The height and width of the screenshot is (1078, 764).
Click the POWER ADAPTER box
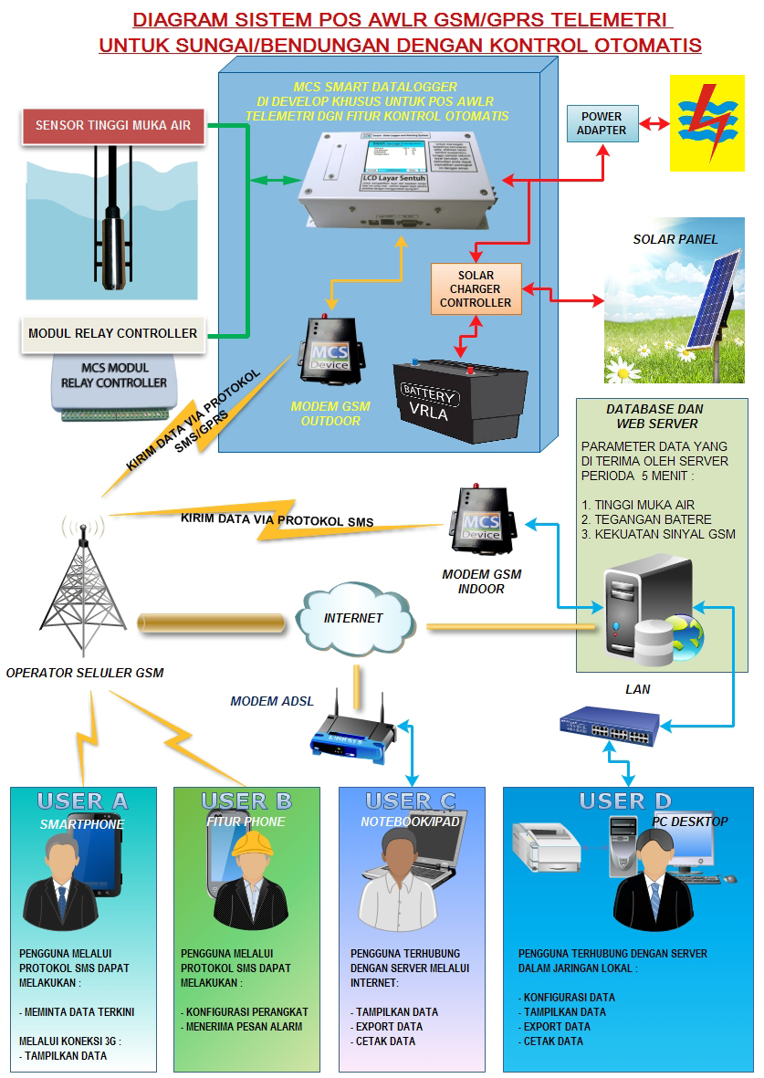click(602, 123)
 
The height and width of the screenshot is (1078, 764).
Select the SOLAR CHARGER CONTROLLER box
click(476, 288)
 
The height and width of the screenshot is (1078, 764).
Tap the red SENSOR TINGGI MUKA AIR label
click(113, 125)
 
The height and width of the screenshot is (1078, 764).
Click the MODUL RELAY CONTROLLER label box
click(113, 333)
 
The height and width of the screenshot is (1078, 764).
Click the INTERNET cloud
click(353, 618)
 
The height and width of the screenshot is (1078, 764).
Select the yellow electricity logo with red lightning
click(713, 123)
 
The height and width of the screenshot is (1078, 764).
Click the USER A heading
click(83, 801)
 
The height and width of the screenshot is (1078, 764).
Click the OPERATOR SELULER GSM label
click(84, 673)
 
